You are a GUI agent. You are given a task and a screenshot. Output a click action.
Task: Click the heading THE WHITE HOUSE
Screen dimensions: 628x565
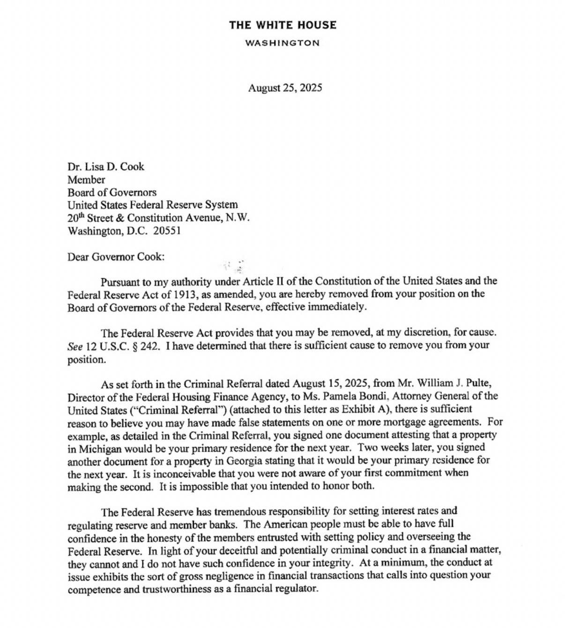coord(282,25)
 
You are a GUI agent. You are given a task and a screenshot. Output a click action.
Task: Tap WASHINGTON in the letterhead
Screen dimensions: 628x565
coord(282,43)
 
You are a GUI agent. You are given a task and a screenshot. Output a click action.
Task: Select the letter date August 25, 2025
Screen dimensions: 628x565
coord(285,88)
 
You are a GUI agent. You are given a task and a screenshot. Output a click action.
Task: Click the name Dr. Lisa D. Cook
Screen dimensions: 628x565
coord(106,167)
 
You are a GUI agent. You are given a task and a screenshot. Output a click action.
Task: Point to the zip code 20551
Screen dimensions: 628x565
coord(166,231)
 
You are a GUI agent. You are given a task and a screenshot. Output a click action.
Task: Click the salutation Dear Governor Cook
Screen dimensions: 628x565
coord(116,257)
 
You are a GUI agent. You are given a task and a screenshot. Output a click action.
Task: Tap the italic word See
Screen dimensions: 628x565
coord(75,346)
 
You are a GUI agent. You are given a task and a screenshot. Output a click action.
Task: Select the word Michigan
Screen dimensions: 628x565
coord(100,448)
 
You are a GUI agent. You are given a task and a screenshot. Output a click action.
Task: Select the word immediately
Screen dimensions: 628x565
coord(337,307)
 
